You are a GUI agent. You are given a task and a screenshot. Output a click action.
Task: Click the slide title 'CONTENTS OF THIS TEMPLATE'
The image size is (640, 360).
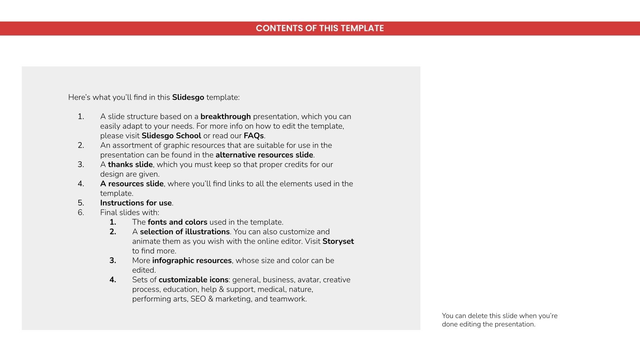coord(320,28)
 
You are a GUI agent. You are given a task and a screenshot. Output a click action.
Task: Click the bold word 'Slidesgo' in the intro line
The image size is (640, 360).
coord(188,97)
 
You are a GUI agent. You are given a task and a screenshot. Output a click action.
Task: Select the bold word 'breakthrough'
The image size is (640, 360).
coord(226,116)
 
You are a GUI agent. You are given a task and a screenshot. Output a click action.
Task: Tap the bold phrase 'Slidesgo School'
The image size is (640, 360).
coord(171,136)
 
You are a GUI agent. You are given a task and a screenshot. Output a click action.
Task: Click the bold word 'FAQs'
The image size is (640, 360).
coord(254,136)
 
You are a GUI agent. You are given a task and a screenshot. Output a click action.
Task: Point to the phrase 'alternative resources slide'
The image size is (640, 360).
coord(264,155)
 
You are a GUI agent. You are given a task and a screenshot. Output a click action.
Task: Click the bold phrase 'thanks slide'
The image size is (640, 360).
coord(130,164)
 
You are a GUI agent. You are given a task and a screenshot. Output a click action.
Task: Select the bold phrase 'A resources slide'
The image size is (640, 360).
coord(132,184)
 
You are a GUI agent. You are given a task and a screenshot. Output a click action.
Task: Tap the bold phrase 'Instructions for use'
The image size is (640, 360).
coord(136,203)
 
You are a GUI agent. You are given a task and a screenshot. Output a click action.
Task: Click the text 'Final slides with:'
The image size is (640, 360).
coord(130,212)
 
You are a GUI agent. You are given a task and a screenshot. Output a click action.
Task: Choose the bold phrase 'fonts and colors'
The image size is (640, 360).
coord(178,222)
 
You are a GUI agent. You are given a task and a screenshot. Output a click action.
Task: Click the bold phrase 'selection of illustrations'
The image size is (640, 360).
coord(185,232)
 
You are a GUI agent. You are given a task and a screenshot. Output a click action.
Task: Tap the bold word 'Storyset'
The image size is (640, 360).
coord(338,241)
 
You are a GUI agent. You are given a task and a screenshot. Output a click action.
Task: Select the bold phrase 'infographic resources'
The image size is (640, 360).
coord(192,260)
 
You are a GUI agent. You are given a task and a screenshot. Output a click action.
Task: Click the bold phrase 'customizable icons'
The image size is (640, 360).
coord(194,280)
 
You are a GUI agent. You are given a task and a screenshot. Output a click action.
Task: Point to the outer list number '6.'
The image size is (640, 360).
coord(81,212)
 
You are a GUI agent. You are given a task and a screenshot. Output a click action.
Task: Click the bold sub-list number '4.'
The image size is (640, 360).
coord(113,280)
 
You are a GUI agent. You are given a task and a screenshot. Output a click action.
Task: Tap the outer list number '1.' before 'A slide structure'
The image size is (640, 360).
coord(81,116)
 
